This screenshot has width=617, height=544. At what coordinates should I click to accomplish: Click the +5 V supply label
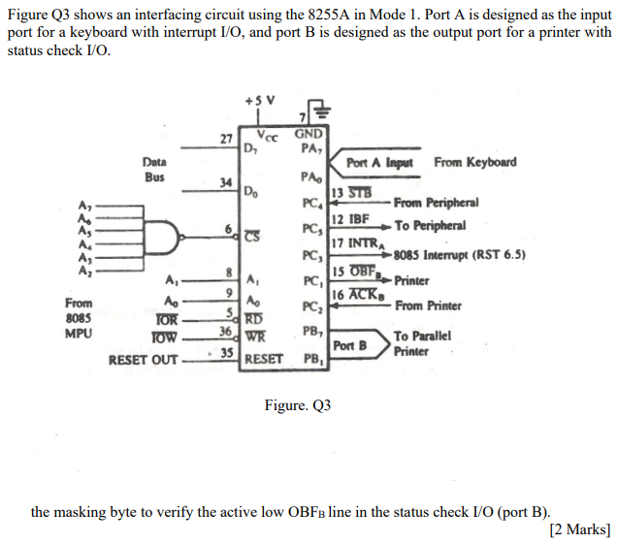(x=262, y=100)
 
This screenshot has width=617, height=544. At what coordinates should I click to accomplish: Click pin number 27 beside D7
(x=225, y=140)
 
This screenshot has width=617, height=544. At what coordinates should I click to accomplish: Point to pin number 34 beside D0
(x=225, y=182)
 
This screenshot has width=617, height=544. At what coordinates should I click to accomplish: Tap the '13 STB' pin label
(x=351, y=194)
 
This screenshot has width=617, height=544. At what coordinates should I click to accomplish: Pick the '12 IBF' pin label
(x=349, y=222)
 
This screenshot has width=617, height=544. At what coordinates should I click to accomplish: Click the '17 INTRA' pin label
(x=354, y=243)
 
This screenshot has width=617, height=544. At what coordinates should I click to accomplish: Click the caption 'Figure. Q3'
(x=297, y=404)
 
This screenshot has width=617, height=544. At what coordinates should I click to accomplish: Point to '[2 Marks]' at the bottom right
(x=579, y=528)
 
